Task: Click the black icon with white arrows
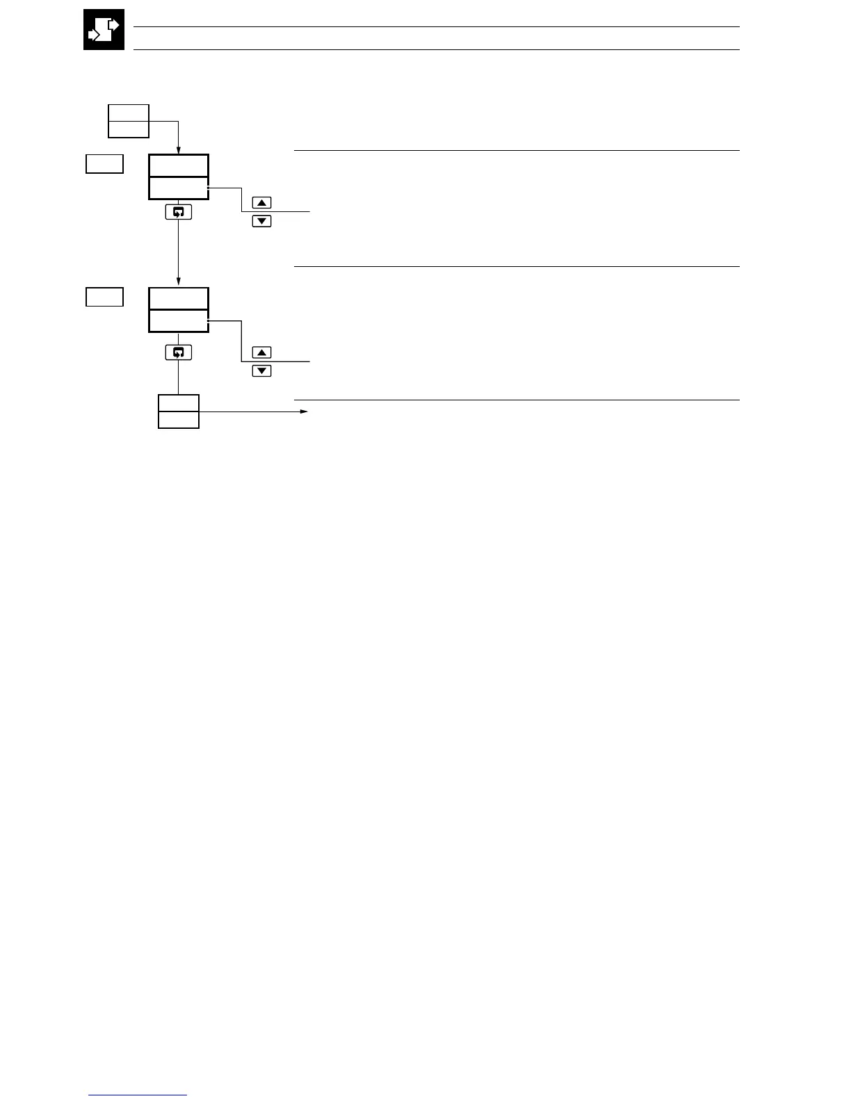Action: point(104,30)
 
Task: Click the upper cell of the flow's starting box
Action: point(129,113)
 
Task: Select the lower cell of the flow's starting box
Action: point(129,129)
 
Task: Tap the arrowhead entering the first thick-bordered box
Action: point(179,150)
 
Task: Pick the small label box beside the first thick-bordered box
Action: point(105,164)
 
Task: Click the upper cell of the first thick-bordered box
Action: point(179,166)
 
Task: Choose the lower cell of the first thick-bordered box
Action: point(179,188)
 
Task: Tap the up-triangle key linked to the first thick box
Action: point(261,203)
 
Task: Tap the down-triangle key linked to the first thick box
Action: point(261,222)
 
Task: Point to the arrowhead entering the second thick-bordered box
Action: point(179,283)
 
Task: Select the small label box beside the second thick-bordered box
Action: point(105,297)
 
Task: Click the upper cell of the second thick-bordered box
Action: point(179,299)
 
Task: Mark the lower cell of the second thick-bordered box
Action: point(179,321)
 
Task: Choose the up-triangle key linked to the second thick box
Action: point(261,352)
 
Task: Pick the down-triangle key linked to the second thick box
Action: point(261,371)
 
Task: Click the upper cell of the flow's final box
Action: point(179,403)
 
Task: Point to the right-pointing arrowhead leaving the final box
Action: point(304,411)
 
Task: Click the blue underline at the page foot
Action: point(138,1095)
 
